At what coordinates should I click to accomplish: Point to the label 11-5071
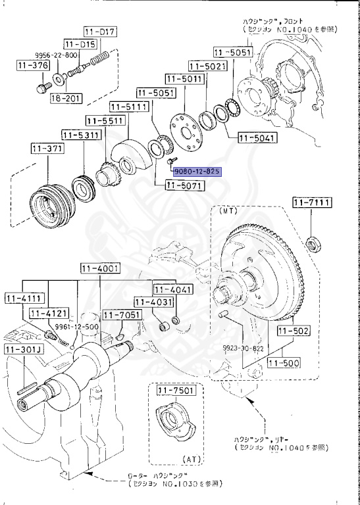tap(185, 186)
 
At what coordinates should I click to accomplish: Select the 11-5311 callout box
tap(81, 135)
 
